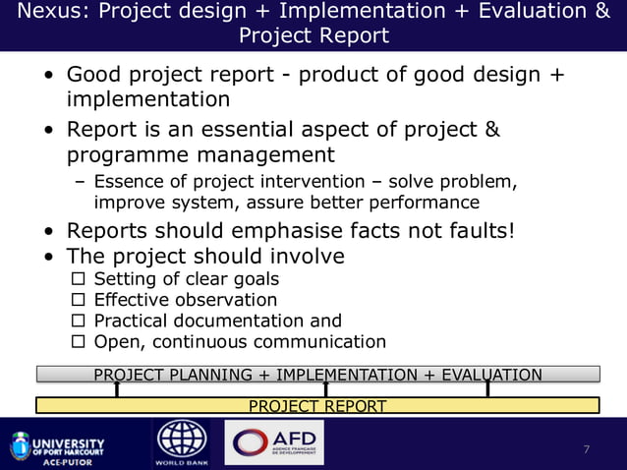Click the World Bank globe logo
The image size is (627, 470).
coord(182,441)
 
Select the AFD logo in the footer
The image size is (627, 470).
coord(273,442)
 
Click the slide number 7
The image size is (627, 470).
coord(587,450)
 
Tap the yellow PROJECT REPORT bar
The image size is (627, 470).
coord(316,406)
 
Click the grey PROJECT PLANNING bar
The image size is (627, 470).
coord(316,374)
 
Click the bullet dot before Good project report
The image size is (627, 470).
coord(48,76)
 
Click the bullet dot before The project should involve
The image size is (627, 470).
coord(48,257)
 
